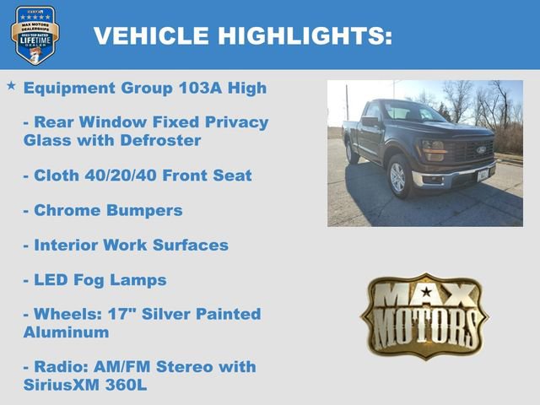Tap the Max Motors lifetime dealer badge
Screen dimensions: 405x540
[x=35, y=35]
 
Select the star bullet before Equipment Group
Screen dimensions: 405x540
[x=11, y=86]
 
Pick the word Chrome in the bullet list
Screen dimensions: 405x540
[x=64, y=210]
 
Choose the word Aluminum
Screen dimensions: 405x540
[x=66, y=332]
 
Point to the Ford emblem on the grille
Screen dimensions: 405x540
[x=481, y=149]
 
